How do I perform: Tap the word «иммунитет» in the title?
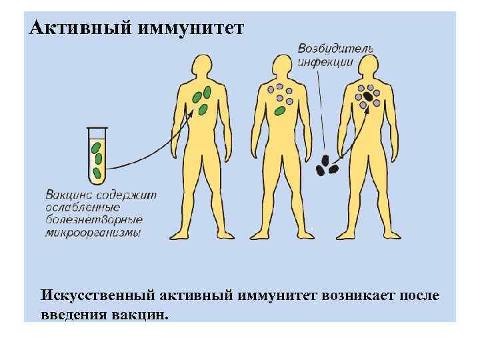click(193, 29)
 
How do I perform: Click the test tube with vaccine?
click(97, 157)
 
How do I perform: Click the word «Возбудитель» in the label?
click(335, 49)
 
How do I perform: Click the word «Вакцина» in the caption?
click(69, 195)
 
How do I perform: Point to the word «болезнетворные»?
click(94, 220)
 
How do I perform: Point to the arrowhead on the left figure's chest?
click(192, 113)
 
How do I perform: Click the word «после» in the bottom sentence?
click(420, 295)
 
